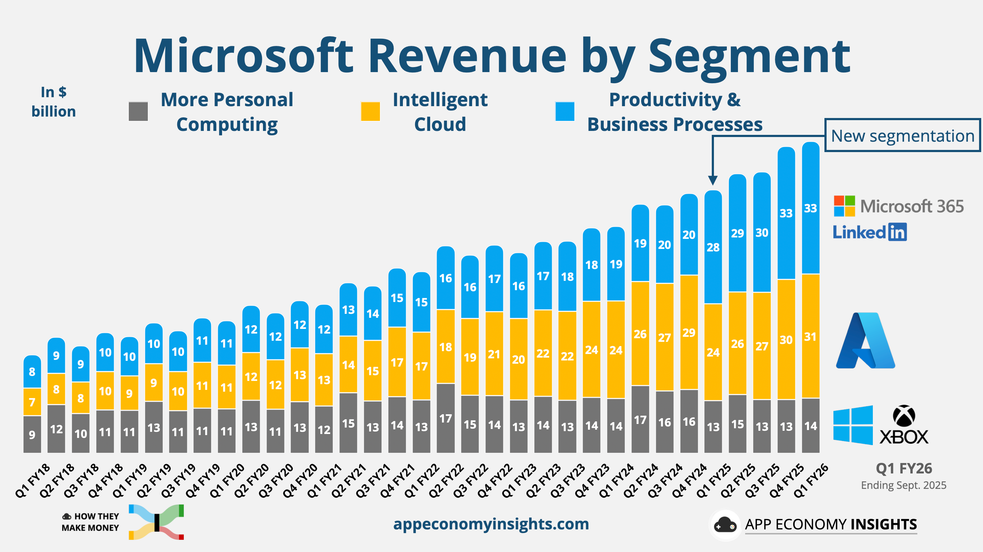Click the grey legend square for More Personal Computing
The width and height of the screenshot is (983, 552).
(x=138, y=112)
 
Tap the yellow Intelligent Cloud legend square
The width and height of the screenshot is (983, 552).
(x=370, y=112)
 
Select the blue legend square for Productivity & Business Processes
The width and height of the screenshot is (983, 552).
(x=565, y=112)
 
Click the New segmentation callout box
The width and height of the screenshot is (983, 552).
(x=903, y=136)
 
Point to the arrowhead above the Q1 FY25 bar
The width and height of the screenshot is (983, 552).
(x=712, y=180)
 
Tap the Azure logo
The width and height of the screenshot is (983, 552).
(x=865, y=341)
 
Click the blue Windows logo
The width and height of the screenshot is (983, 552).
(x=853, y=425)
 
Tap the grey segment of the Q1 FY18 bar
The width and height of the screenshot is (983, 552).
(x=32, y=434)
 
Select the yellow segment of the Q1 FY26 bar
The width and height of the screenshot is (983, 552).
(x=810, y=336)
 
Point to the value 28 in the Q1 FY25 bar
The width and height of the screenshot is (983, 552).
(x=713, y=247)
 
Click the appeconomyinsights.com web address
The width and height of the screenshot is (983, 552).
(x=491, y=524)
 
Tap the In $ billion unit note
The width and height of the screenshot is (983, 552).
(x=53, y=102)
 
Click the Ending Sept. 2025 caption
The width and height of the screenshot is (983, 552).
(x=903, y=485)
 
